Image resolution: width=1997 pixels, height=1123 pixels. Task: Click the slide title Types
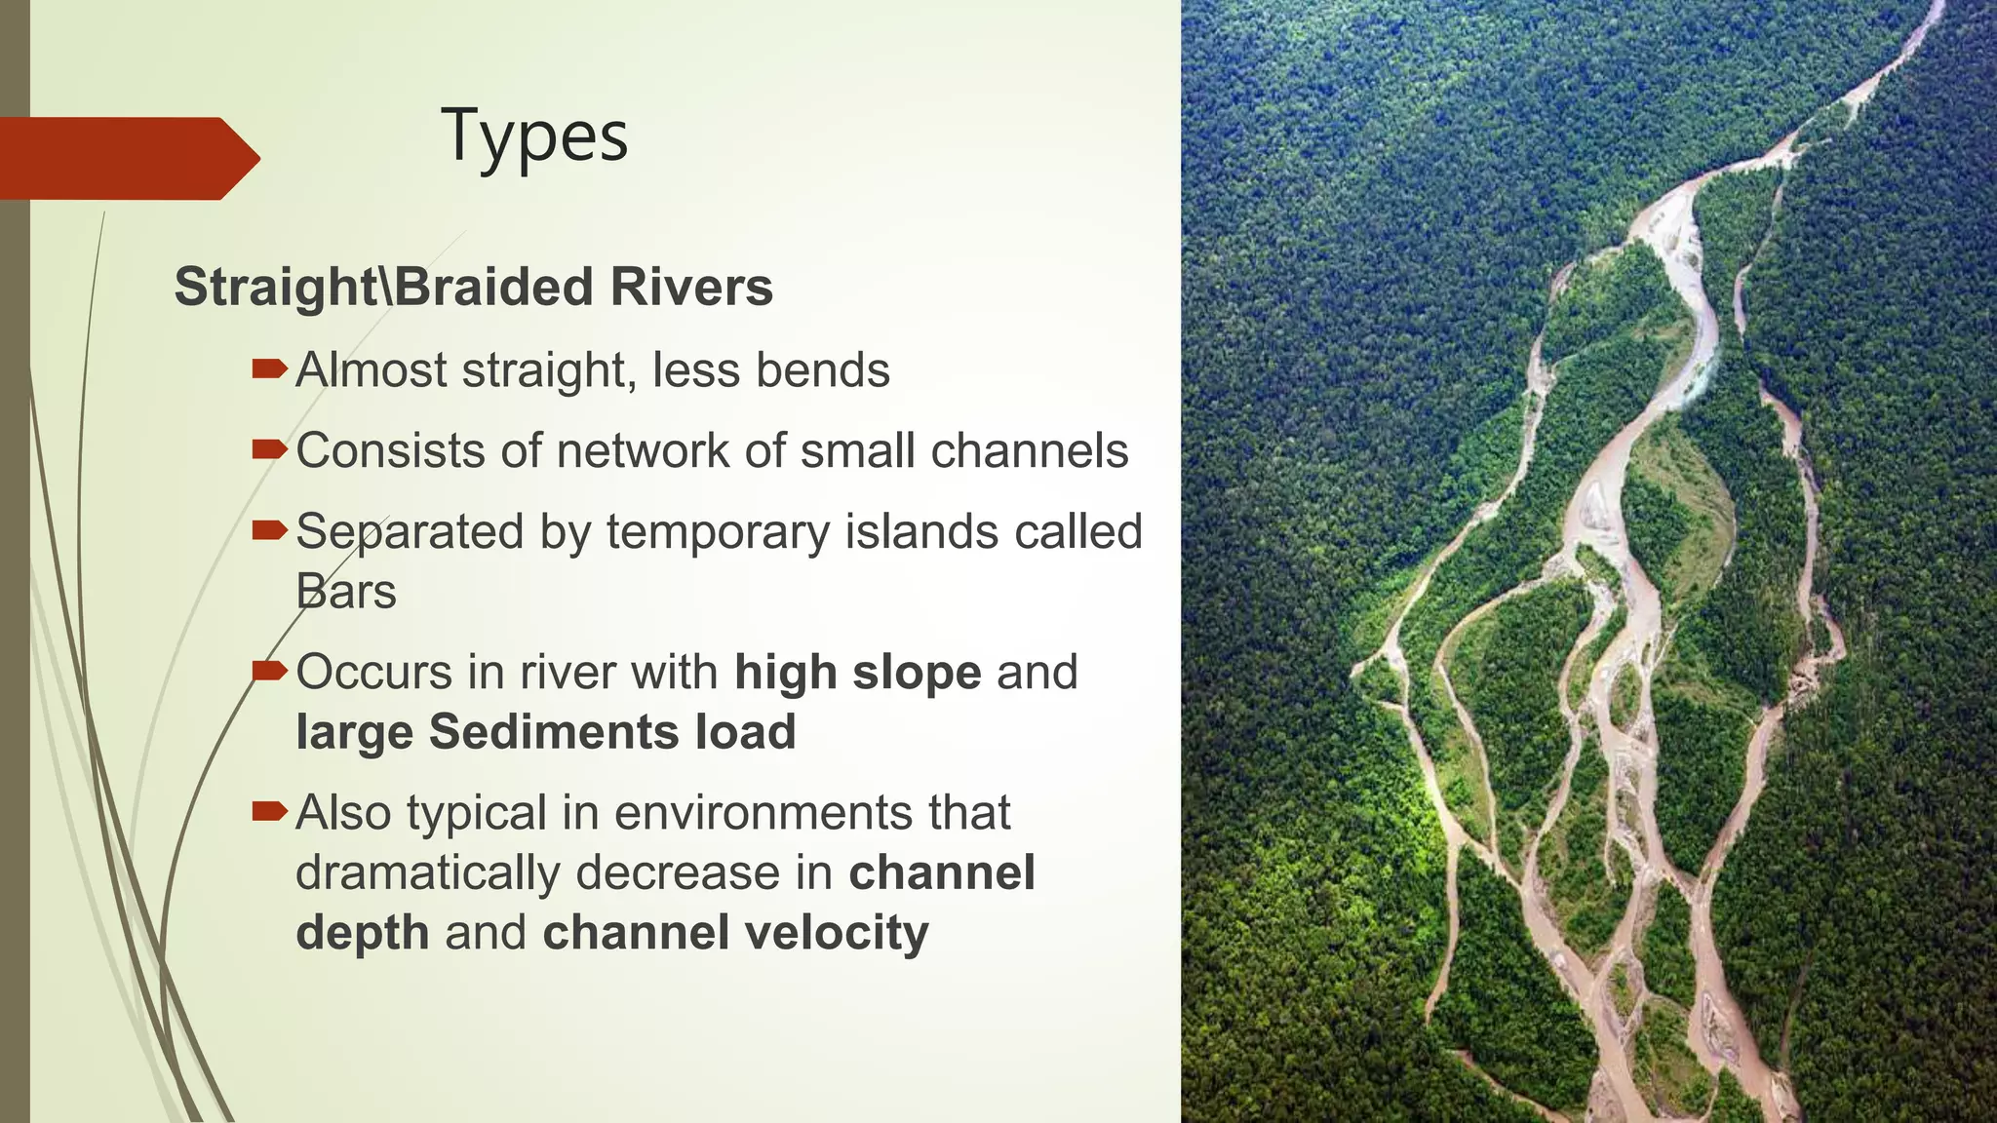click(x=534, y=136)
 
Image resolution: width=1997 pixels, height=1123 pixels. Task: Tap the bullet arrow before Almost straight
click(x=269, y=368)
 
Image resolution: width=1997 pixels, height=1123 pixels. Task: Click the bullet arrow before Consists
click(x=269, y=449)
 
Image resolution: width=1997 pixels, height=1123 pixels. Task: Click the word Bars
click(x=346, y=592)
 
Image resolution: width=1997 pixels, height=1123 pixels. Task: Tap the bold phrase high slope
click(x=857, y=673)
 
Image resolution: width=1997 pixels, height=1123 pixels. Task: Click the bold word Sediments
click(x=554, y=732)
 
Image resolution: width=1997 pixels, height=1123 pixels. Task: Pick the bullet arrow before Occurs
click(x=269, y=671)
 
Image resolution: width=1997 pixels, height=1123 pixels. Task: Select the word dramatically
click(x=427, y=872)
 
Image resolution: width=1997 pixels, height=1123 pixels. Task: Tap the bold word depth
click(x=362, y=933)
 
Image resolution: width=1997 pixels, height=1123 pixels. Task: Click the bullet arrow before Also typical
click(x=269, y=811)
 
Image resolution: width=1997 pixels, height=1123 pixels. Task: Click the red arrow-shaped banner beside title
click(x=127, y=158)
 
